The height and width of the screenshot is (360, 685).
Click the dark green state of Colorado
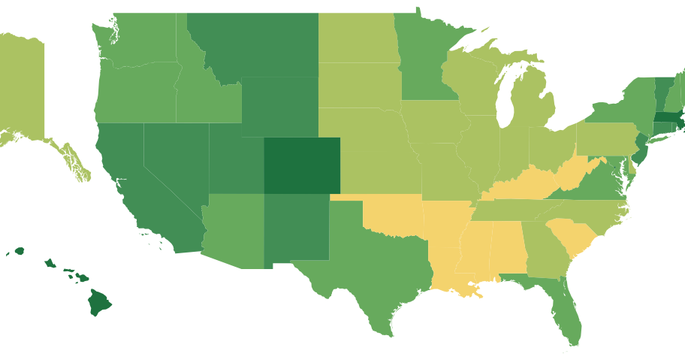[301, 165]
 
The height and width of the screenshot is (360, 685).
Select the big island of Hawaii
[99, 302]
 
